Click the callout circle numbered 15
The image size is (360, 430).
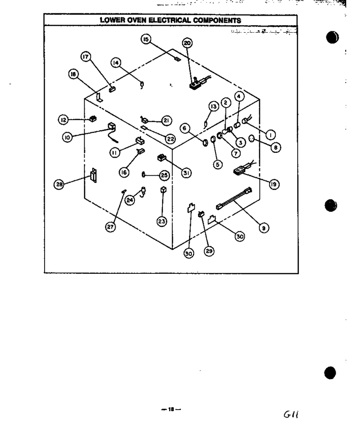coord(146,39)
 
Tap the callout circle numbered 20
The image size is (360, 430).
coord(187,43)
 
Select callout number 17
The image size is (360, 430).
coord(85,57)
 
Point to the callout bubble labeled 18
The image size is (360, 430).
coord(73,74)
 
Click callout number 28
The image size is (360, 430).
coord(59,184)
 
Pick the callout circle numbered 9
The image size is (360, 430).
coord(264,228)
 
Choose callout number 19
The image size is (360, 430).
coord(274,184)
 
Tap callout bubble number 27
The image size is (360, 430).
coord(110,227)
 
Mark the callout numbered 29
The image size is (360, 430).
coord(209,251)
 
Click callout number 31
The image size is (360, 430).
coord(186,173)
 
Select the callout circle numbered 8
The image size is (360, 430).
coord(275,148)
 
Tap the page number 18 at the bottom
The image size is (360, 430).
coord(171,410)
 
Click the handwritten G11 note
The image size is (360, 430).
coord(291,414)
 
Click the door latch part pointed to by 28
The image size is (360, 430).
coord(94,175)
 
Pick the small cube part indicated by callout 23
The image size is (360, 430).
coord(163,190)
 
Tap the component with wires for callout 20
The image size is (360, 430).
coord(199,83)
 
